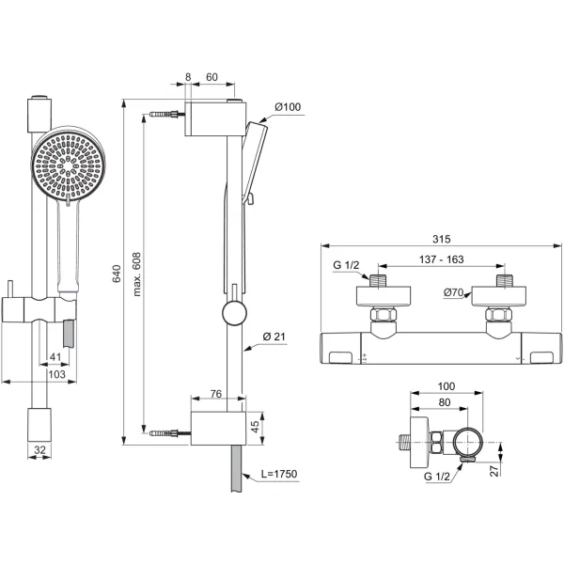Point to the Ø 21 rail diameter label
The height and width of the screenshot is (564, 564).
(274, 337)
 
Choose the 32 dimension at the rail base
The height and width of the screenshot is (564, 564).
(39, 449)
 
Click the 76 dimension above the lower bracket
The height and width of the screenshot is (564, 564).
(215, 395)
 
